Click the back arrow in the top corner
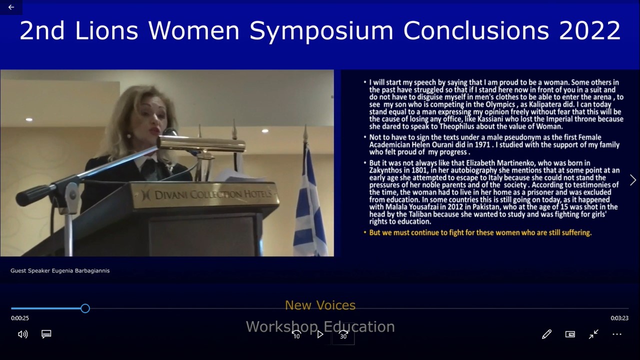tap(11, 7)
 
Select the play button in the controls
tap(320, 334)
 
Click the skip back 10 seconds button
tap(296, 334)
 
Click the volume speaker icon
tap(23, 334)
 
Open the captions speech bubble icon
tap(46, 334)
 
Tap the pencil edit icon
tap(546, 334)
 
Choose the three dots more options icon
tap(617, 334)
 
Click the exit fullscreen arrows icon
tap(593, 334)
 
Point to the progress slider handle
tap(85, 308)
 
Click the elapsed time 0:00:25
tap(20, 318)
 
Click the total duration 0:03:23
tap(619, 318)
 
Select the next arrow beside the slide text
tap(633, 180)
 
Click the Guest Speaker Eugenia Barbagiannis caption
tap(60, 270)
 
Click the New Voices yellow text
tap(320, 305)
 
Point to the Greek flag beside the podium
tap(310, 200)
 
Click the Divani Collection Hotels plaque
tap(204, 195)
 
